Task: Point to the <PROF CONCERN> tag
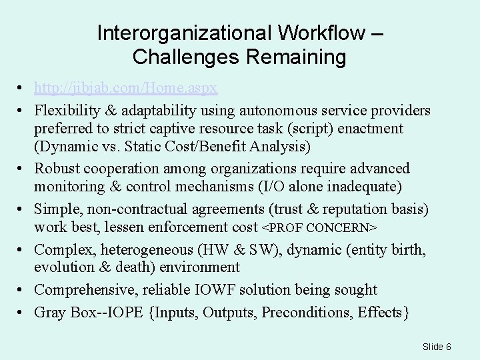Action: [x=319, y=228]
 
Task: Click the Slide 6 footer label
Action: [x=437, y=346]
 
